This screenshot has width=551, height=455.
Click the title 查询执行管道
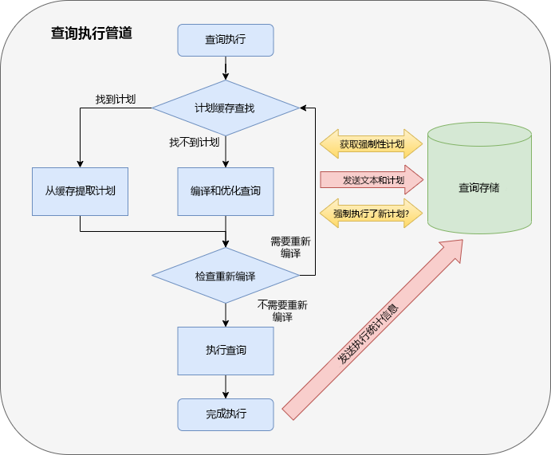(x=91, y=34)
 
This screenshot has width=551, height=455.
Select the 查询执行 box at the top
(x=226, y=40)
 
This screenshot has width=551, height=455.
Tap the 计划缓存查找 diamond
(x=226, y=108)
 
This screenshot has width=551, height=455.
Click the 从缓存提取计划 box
(x=80, y=191)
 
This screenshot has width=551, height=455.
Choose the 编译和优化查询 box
(x=226, y=191)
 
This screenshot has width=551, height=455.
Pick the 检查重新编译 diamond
(x=226, y=276)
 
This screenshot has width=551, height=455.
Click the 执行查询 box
(x=226, y=351)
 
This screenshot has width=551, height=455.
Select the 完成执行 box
(x=226, y=414)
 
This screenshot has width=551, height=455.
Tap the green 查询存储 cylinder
(x=478, y=187)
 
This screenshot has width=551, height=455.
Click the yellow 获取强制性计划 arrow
(x=371, y=145)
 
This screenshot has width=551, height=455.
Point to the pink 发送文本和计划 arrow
(x=371, y=180)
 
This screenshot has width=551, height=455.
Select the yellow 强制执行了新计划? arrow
(x=371, y=214)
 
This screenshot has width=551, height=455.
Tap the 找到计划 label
(x=115, y=100)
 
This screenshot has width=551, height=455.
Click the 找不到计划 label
(x=194, y=142)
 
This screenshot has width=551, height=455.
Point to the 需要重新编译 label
(x=290, y=247)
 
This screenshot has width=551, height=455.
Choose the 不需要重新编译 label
(x=282, y=310)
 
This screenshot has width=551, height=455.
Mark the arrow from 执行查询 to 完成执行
(x=226, y=386)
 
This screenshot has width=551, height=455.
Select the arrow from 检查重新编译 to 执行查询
(x=226, y=315)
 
